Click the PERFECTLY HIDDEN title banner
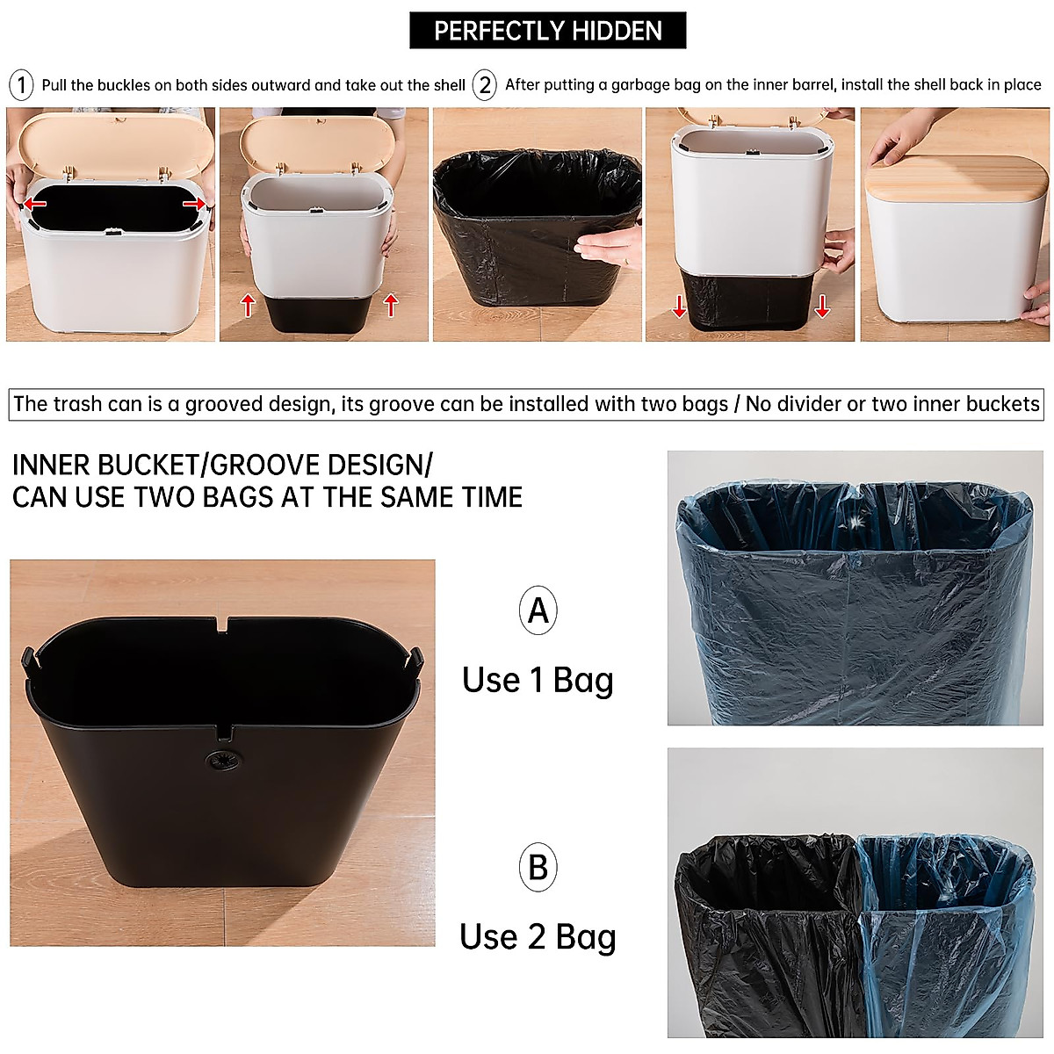[x=547, y=32]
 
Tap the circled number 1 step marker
[x=21, y=85]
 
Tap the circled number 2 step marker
[x=484, y=85]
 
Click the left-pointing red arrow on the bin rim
[x=36, y=204]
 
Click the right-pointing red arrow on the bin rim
[x=194, y=204]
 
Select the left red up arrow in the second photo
[x=248, y=305]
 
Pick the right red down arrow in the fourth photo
[x=821, y=306]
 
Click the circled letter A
[x=538, y=610]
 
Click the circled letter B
[x=538, y=867]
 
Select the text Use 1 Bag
[x=538, y=680]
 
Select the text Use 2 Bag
[x=538, y=937]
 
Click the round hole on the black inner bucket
[x=216, y=764]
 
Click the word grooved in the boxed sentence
[x=226, y=404]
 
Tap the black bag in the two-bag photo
[x=760, y=931]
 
